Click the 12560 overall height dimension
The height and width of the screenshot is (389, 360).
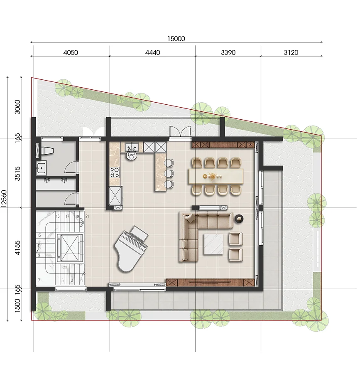[x=4, y=199]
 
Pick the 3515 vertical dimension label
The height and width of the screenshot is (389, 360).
[x=17, y=174]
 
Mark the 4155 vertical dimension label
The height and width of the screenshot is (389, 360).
[x=17, y=248]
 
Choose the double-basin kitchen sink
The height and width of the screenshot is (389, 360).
[x=132, y=148]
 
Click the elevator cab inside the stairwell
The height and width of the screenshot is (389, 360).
[x=70, y=248]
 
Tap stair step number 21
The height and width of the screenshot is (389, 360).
[x=88, y=217]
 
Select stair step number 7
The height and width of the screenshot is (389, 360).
[x=39, y=281]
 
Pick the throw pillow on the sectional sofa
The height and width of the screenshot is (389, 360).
[x=191, y=218]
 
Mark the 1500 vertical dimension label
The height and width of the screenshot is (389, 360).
[x=17, y=306]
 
